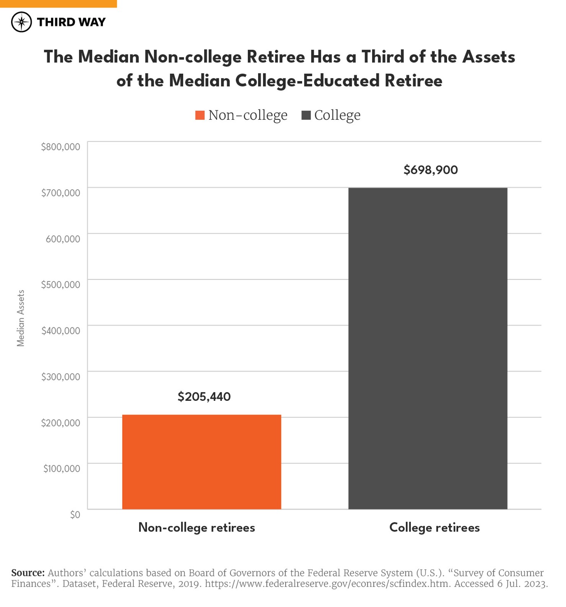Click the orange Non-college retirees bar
(x=202, y=462)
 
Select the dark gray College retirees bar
(x=428, y=348)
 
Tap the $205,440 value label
(x=204, y=397)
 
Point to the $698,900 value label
(x=431, y=170)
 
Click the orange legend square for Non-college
(x=200, y=115)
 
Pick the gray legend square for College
(x=306, y=115)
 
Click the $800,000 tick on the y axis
(x=61, y=146)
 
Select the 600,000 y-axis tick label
(x=63, y=239)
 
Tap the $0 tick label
(x=75, y=514)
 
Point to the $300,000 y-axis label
(x=61, y=377)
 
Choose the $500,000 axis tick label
(x=61, y=285)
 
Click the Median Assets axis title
(x=21, y=318)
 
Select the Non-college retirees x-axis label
(x=197, y=527)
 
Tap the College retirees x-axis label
(x=434, y=527)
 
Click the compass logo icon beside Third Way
(x=21, y=22)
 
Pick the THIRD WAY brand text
(x=71, y=22)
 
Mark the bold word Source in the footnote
(x=28, y=573)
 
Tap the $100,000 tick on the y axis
(x=62, y=469)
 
